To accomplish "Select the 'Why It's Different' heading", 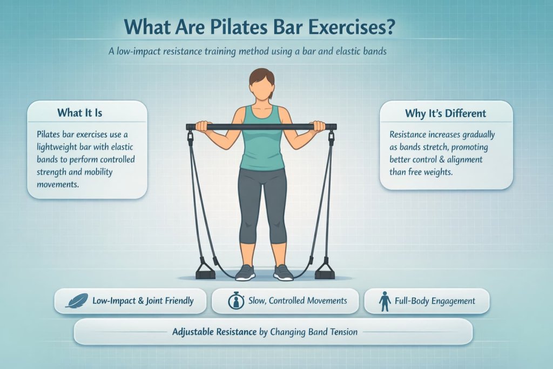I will tap(445, 113).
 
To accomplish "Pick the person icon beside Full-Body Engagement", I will tap(385, 301).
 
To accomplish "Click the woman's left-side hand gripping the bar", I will tap(201, 126).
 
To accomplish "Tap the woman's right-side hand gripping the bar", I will tap(319, 126).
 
